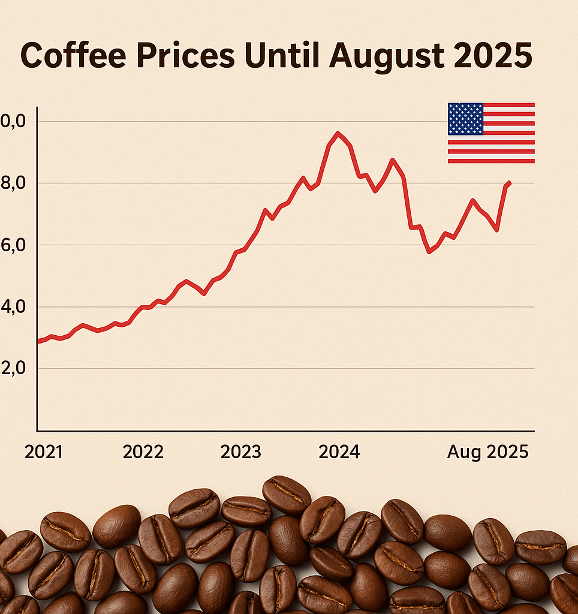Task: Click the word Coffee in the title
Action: [x=72, y=56]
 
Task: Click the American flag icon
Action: [x=491, y=133]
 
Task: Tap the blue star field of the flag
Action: [x=465, y=119]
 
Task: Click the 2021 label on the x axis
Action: [x=44, y=452]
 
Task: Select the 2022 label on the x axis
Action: [x=143, y=452]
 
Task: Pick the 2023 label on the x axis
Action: [x=240, y=452]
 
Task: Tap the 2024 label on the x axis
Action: [x=339, y=452]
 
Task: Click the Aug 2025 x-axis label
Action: [x=487, y=452]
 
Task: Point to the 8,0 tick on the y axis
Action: [x=13, y=183]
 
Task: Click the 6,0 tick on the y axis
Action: [x=13, y=245]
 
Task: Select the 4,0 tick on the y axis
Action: [x=13, y=307]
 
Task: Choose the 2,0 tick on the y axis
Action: [x=13, y=369]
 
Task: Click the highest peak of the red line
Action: [x=338, y=133]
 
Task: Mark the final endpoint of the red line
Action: [x=509, y=183]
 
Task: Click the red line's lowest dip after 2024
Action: [x=429, y=252]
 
